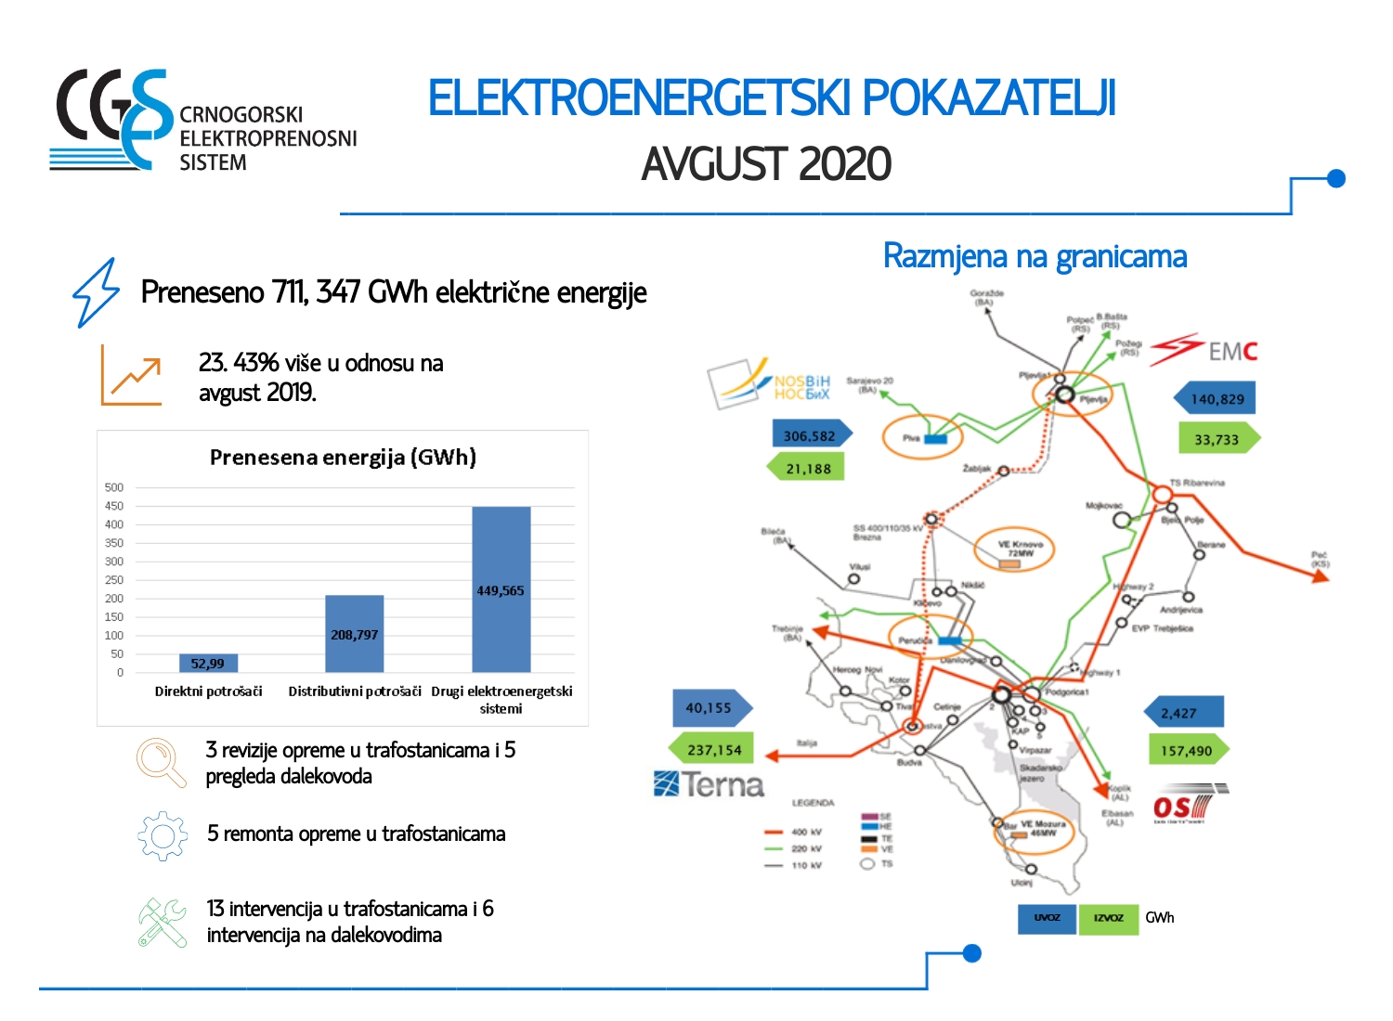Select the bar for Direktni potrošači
coord(208,663)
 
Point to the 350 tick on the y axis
coord(114,543)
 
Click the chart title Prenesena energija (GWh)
coord(343,457)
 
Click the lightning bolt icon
coord(97,292)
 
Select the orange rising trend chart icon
coord(131,375)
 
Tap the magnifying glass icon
coord(161,762)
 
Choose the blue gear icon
coord(163,836)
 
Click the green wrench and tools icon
coord(163,922)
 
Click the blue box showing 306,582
coord(810,435)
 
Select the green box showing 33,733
coord(1217,439)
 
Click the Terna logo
coord(709,785)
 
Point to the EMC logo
coord(1204,351)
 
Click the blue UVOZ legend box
coord(1047,918)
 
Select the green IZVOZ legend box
coord(1108,918)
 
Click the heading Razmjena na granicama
coord(1035,256)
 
